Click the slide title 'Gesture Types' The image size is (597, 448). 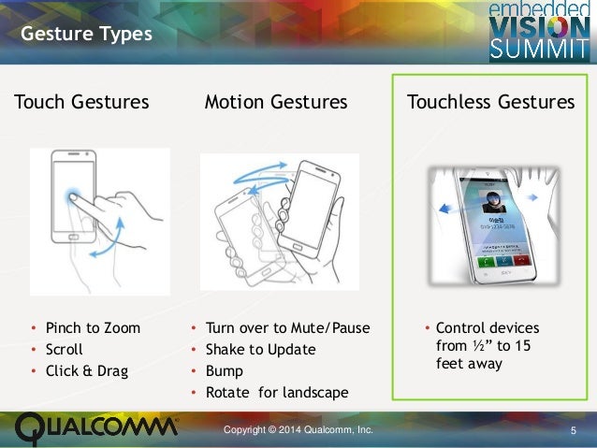pos(86,36)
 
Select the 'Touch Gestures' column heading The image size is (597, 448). pos(81,102)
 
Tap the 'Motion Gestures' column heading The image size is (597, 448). pos(276,102)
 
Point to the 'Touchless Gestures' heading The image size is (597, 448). pos(490,102)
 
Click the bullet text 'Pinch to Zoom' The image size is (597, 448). pos(93,328)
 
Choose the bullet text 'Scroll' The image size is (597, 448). pos(66,350)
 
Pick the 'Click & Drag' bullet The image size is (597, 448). pos(87,371)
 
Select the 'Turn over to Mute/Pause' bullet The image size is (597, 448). pos(287,328)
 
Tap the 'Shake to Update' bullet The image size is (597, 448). pos(260,350)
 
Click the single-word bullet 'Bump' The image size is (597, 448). pos(225,371)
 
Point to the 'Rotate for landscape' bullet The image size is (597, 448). pos(276,393)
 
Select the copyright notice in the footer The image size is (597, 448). pos(298,429)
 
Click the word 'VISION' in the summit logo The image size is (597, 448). pos(540,27)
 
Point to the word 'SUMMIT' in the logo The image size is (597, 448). pos(540,49)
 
